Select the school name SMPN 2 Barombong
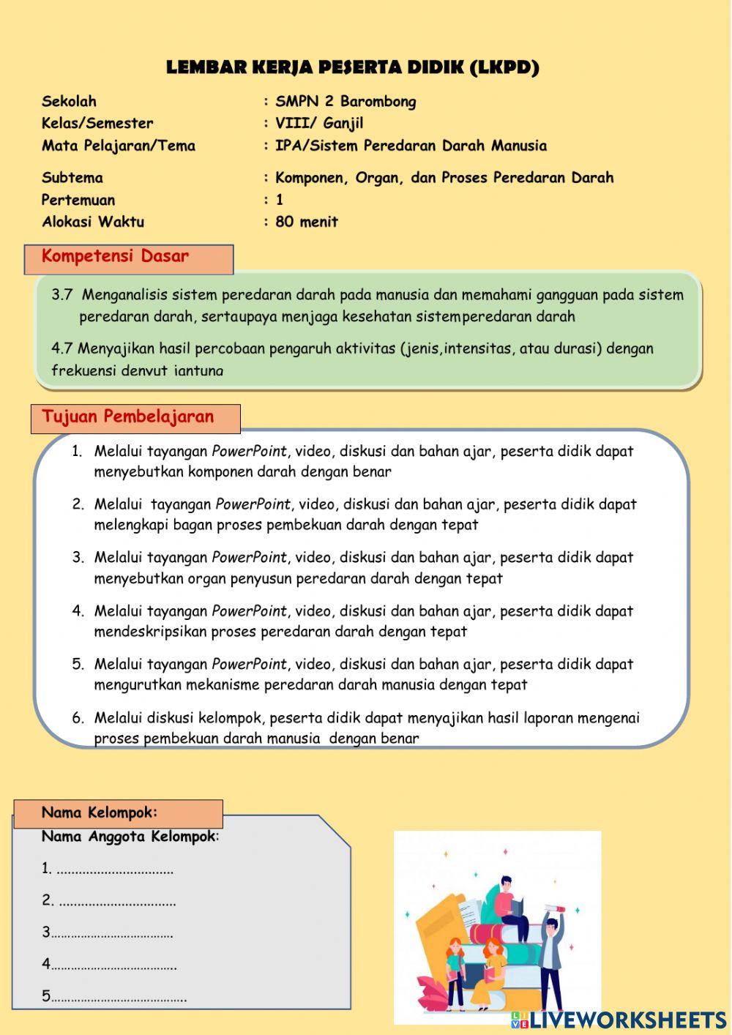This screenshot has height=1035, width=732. (x=346, y=102)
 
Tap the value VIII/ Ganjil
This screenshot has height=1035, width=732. (x=319, y=123)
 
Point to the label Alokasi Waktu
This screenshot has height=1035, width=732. (x=93, y=222)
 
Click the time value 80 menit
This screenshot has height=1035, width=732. (x=307, y=222)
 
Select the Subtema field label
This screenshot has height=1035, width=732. (x=72, y=178)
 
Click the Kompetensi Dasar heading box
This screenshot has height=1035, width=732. (x=129, y=258)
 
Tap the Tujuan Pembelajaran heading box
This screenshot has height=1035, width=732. (x=135, y=418)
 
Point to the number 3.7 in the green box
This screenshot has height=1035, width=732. (x=62, y=295)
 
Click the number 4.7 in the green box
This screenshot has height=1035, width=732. (x=62, y=348)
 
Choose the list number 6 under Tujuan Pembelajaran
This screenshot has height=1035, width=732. (x=78, y=718)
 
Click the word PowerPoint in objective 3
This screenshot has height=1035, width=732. (x=249, y=558)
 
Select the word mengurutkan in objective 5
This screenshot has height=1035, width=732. (x=132, y=685)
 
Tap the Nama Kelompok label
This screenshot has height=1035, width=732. (x=100, y=812)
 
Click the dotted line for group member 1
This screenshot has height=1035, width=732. (x=115, y=870)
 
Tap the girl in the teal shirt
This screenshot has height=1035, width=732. (x=455, y=966)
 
